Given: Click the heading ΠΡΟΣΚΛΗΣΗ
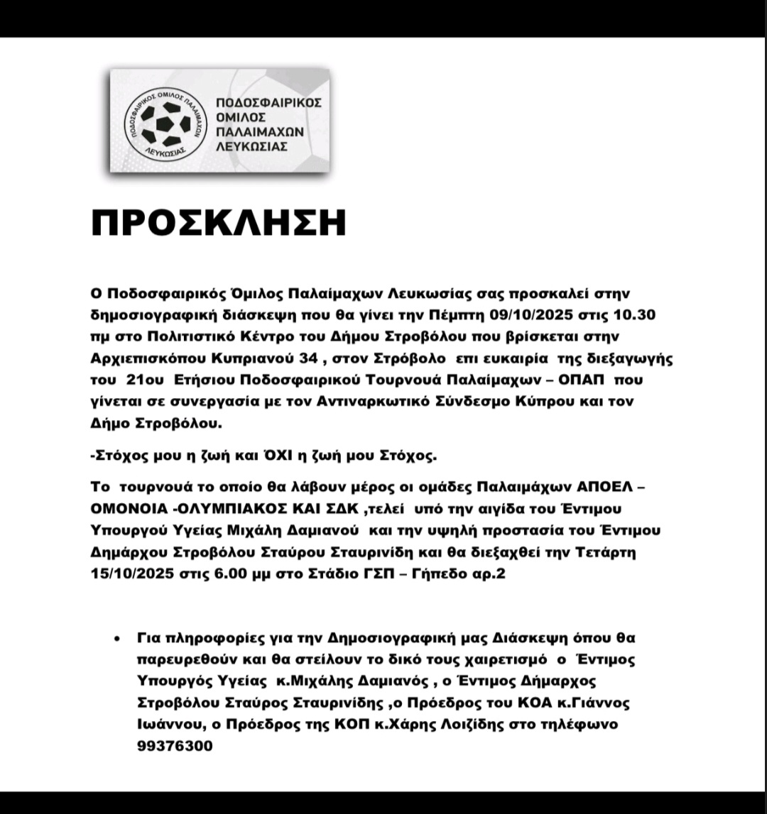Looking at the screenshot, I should click(x=218, y=224).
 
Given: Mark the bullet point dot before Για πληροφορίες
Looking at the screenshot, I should click(x=116, y=639).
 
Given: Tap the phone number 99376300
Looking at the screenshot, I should click(x=175, y=747).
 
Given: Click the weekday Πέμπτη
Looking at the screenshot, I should click(x=464, y=314).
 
